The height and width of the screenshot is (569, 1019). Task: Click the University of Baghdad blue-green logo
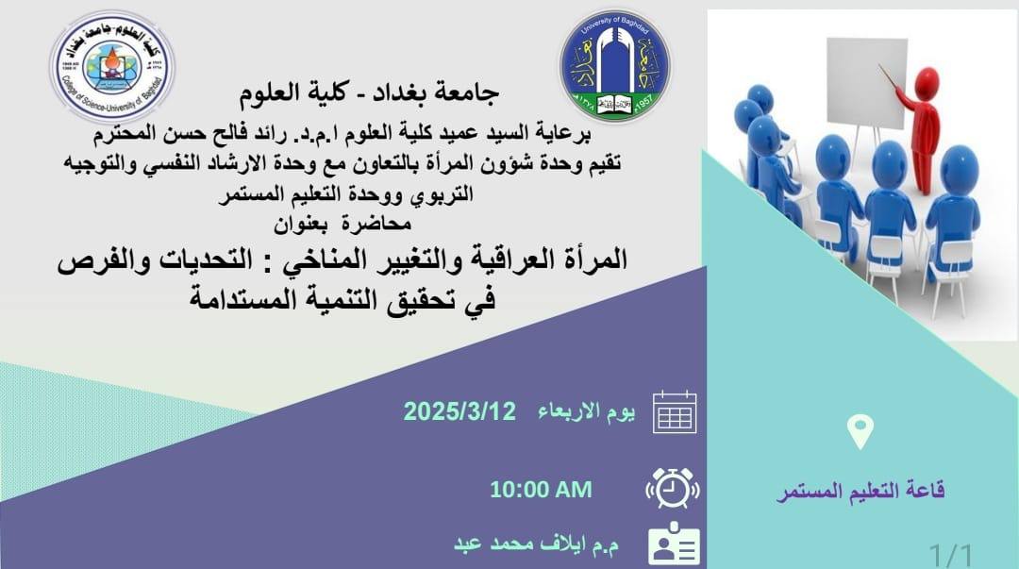click(x=615, y=66)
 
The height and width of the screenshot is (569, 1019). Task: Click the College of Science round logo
click(x=111, y=67)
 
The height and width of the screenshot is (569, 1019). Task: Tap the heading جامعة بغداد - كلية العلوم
click(x=369, y=93)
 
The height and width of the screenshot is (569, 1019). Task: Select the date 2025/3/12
click(x=459, y=411)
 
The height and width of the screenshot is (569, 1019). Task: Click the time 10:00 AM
click(x=541, y=490)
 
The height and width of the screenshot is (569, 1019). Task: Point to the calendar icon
click(x=675, y=412)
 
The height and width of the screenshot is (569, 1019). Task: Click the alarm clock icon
click(x=673, y=488)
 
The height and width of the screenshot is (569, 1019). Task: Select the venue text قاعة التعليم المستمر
click(x=860, y=491)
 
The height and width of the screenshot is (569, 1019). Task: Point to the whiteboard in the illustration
click(x=866, y=83)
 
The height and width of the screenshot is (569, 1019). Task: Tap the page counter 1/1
click(x=951, y=556)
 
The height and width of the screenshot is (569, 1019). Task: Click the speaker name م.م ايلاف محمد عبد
click(x=536, y=544)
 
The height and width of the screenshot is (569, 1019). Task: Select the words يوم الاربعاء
click(x=586, y=411)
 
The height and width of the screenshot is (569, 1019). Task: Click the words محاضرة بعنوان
click(x=342, y=225)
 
